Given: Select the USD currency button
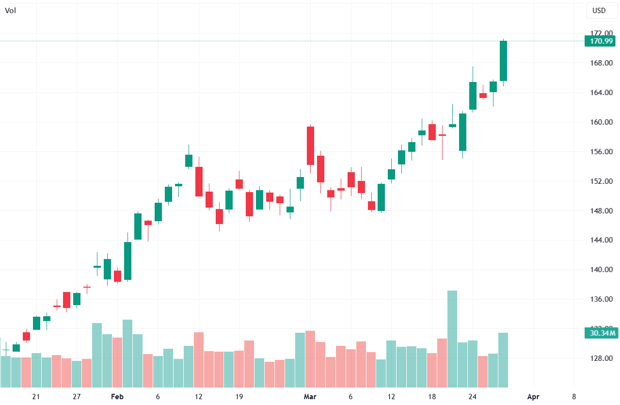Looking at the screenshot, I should (599, 10).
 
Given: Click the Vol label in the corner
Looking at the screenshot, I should (10, 10).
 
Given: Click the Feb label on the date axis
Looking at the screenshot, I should (117, 397).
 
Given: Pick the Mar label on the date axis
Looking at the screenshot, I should (310, 397).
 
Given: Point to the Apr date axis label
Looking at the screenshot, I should (533, 397).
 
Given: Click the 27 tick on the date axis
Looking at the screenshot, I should (77, 397).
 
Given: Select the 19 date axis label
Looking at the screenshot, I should (239, 397).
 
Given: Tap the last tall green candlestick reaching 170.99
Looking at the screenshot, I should (503, 61).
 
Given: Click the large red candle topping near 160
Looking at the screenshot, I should (310, 146).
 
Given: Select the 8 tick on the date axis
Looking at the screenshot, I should (573, 397).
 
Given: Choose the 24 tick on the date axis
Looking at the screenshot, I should (473, 397).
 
